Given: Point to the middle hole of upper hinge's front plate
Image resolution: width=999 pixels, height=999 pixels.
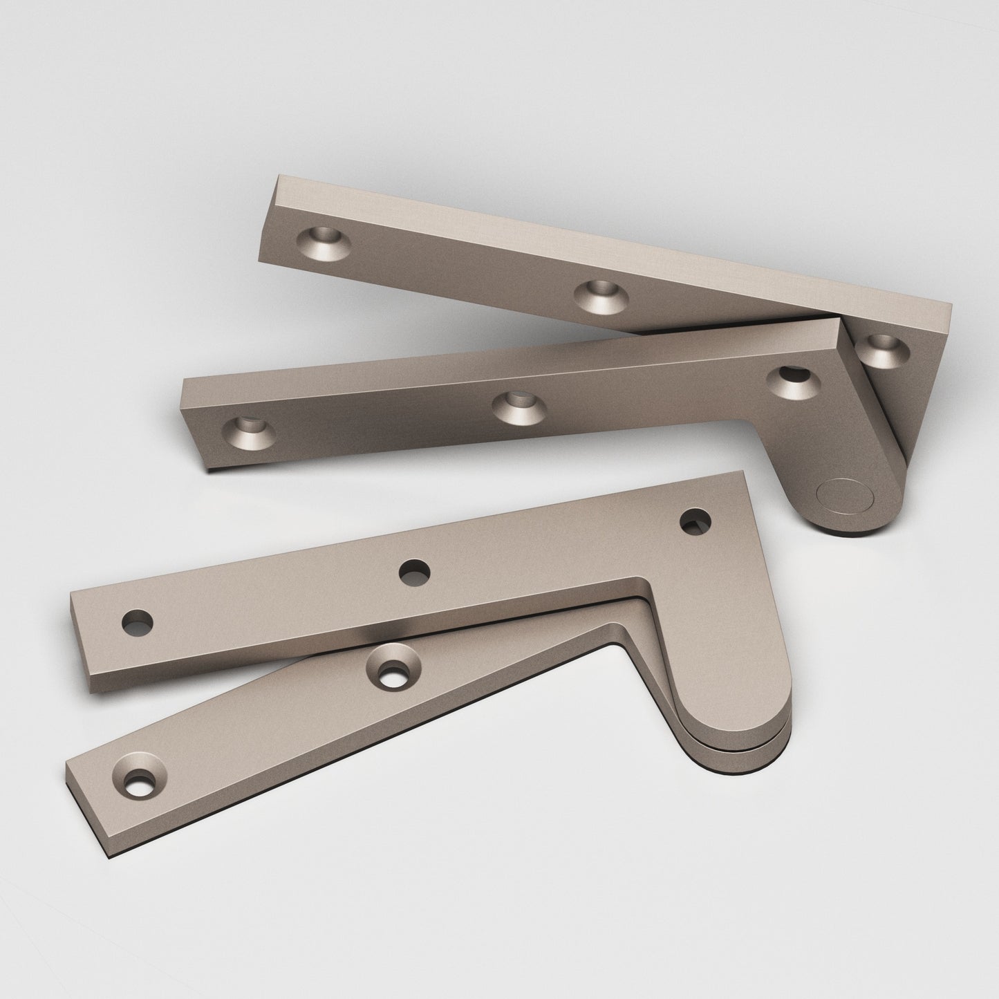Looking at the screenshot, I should [x=516, y=407].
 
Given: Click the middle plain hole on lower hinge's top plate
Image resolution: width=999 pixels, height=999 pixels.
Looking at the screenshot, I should [x=414, y=572].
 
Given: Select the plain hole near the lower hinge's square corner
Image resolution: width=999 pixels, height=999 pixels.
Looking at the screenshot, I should [x=695, y=521].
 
